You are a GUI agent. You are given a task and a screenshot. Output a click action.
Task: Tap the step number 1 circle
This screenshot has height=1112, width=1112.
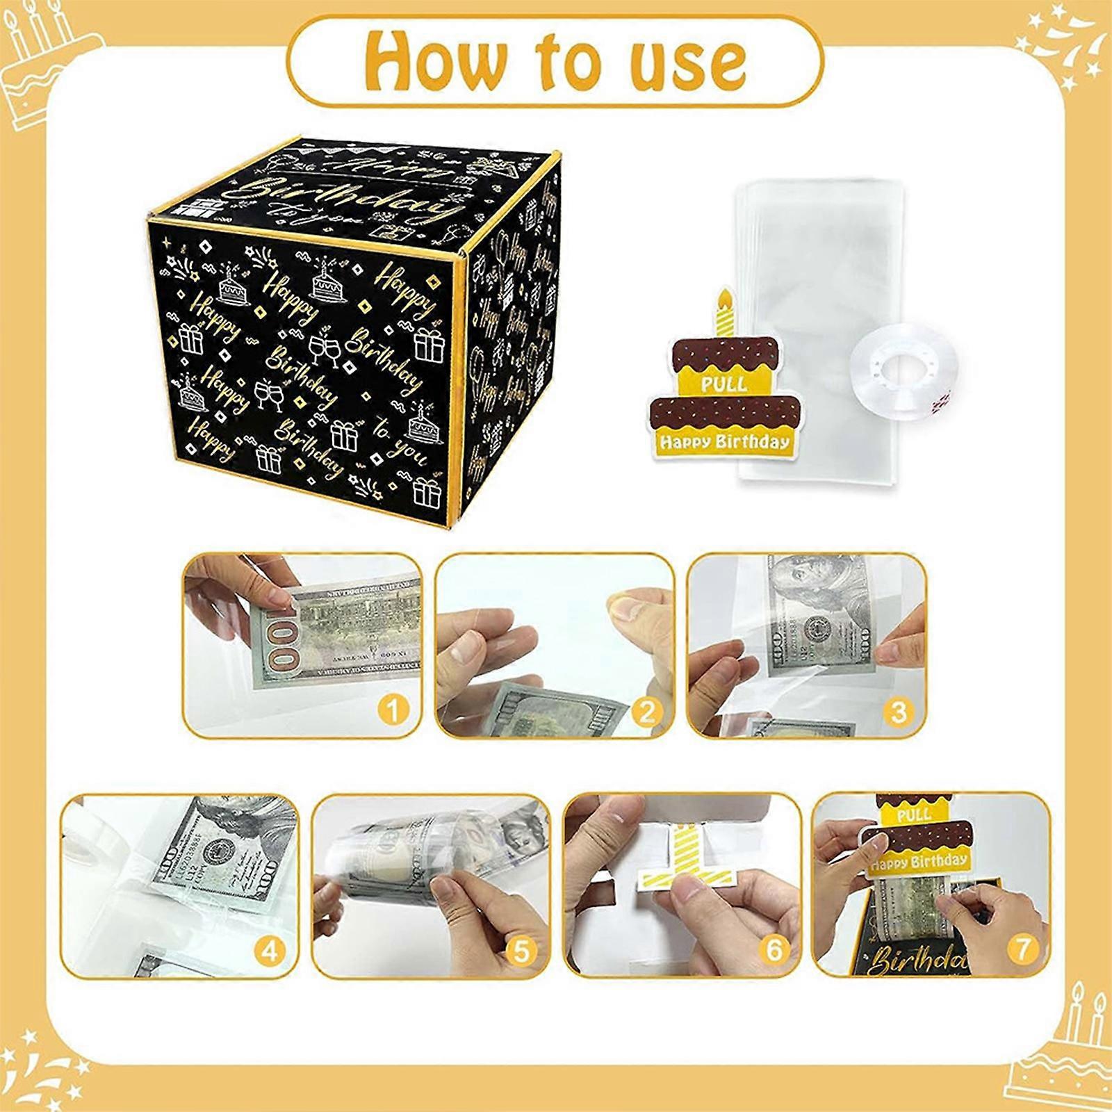393,711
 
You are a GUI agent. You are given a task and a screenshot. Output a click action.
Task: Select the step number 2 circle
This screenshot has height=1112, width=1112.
646,711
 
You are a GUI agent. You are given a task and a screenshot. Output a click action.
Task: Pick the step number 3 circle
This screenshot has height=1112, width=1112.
899,711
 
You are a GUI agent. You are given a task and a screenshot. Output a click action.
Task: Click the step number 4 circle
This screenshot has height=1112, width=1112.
269,950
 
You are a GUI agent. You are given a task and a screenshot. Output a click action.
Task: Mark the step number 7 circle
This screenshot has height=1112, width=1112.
1022,949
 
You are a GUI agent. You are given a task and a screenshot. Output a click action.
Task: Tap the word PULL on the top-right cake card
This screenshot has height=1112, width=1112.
724,384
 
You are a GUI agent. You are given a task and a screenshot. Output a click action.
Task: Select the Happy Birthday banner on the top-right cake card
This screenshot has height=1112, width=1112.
724,441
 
